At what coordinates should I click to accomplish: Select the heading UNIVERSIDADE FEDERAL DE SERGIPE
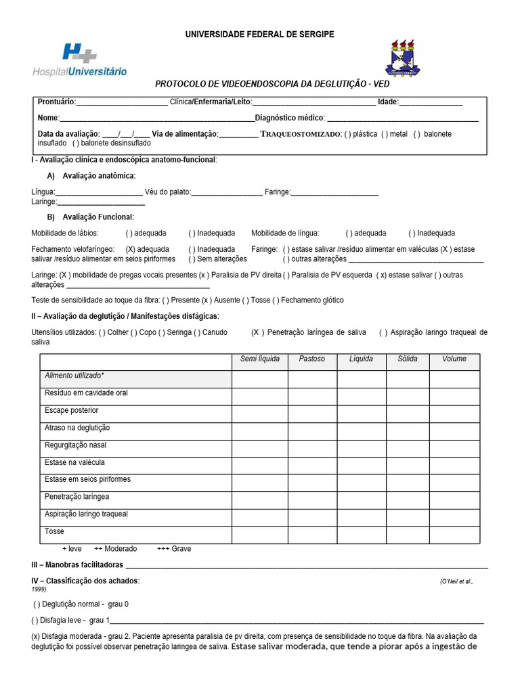point(260,34)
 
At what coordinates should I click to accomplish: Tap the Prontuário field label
point(57,102)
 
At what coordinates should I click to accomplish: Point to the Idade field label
point(388,102)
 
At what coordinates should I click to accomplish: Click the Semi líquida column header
point(260,359)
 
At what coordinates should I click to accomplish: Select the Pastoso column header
point(311,359)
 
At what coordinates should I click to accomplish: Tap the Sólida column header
point(408,359)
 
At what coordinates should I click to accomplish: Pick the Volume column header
point(454,359)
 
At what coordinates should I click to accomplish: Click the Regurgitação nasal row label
point(75,445)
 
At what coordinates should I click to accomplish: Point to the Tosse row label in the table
point(55,532)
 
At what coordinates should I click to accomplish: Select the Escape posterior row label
point(71,410)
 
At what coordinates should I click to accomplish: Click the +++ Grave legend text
point(173,549)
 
